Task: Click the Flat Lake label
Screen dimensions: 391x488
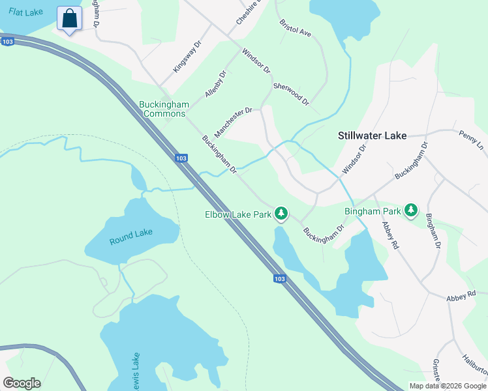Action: pos(26,12)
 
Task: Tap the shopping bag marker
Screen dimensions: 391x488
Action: pos(69,19)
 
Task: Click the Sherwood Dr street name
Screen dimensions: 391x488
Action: pos(290,94)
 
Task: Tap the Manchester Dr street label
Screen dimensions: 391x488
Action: pos(233,122)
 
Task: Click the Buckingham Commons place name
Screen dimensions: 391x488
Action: pos(164,109)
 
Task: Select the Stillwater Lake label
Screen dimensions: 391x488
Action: pos(372,136)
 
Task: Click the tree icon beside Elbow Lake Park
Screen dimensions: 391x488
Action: pos(281,213)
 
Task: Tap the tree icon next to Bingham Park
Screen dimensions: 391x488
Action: pos(410,210)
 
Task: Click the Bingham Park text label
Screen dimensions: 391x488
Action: pos(373,211)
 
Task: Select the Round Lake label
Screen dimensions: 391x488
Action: pos(130,240)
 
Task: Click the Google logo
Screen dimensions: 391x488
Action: pos(22,383)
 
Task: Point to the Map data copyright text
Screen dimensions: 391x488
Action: pos(447,386)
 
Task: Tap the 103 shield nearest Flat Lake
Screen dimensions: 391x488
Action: pos(8,42)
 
